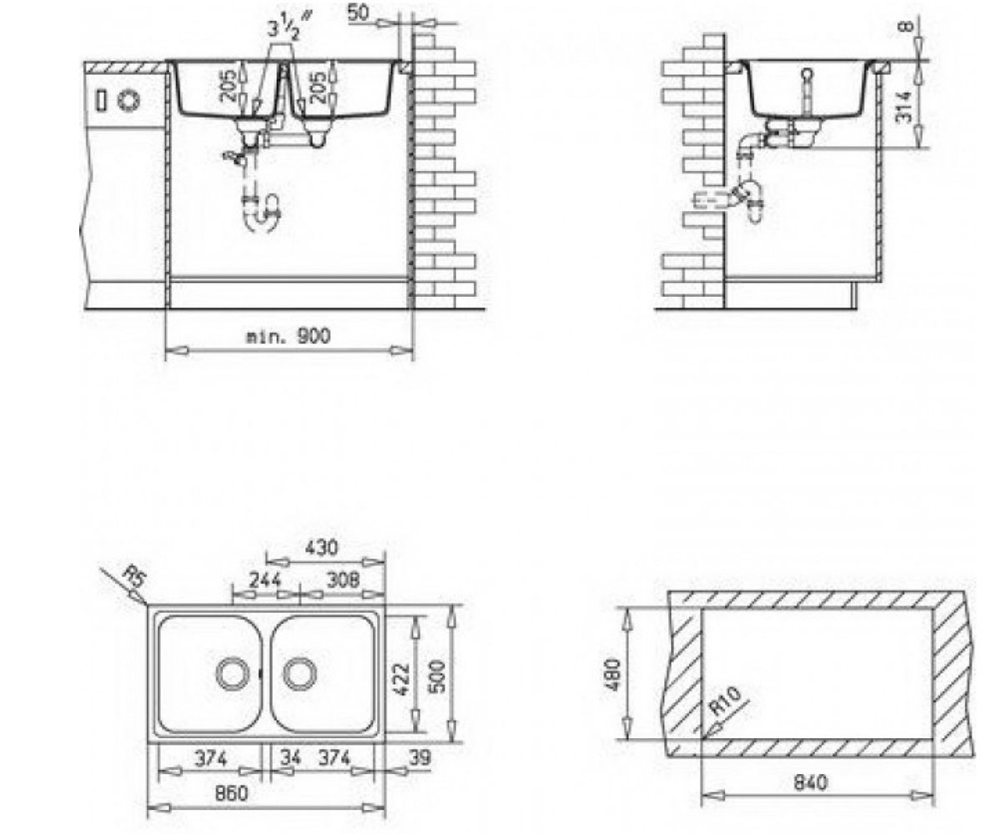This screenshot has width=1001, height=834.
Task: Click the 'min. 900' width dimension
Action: (x=288, y=336)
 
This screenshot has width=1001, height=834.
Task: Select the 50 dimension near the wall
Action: (x=358, y=13)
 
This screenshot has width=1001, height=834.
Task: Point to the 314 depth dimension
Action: (x=903, y=107)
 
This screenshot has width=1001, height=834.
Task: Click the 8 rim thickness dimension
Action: (x=904, y=25)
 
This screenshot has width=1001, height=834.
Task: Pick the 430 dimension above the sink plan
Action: (x=321, y=547)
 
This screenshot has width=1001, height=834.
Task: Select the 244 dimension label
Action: (x=265, y=580)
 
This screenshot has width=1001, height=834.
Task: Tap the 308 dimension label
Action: (x=343, y=580)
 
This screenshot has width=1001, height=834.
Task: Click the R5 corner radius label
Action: (x=133, y=576)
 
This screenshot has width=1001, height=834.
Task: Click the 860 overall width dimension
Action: (x=232, y=794)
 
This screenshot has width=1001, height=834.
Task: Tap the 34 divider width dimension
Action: (x=290, y=758)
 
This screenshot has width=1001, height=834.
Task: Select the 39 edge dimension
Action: (x=420, y=757)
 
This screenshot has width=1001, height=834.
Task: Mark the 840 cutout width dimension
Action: (x=810, y=783)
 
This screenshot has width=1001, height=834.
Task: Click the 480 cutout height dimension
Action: (x=614, y=675)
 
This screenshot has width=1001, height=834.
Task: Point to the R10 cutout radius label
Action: (x=724, y=701)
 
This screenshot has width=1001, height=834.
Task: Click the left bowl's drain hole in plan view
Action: (x=233, y=674)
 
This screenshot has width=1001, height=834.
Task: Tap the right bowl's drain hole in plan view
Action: (x=299, y=674)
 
